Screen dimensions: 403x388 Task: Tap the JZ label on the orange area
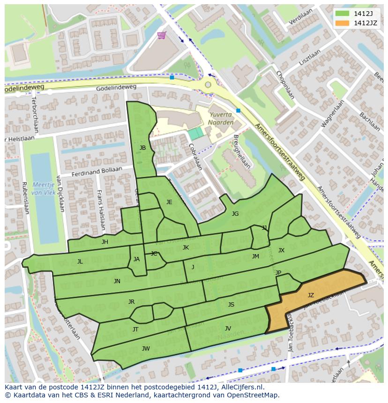coord(311,295)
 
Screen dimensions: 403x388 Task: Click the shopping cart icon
coord(162,36)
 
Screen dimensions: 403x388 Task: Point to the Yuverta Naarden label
coord(221,118)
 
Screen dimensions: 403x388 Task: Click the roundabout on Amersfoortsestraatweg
coord(208,85)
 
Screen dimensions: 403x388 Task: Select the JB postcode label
coord(142,148)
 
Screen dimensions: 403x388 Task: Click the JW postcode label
coord(146,349)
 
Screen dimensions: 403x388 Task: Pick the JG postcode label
coord(235,214)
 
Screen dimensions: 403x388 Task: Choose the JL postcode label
coord(80,262)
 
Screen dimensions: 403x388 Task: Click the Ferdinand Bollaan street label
coord(97,172)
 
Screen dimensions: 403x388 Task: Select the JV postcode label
coord(228,329)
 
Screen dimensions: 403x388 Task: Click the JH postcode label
coord(104,242)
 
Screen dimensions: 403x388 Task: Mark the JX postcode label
coord(281,250)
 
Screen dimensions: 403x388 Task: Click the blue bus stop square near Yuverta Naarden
coord(238,111)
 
